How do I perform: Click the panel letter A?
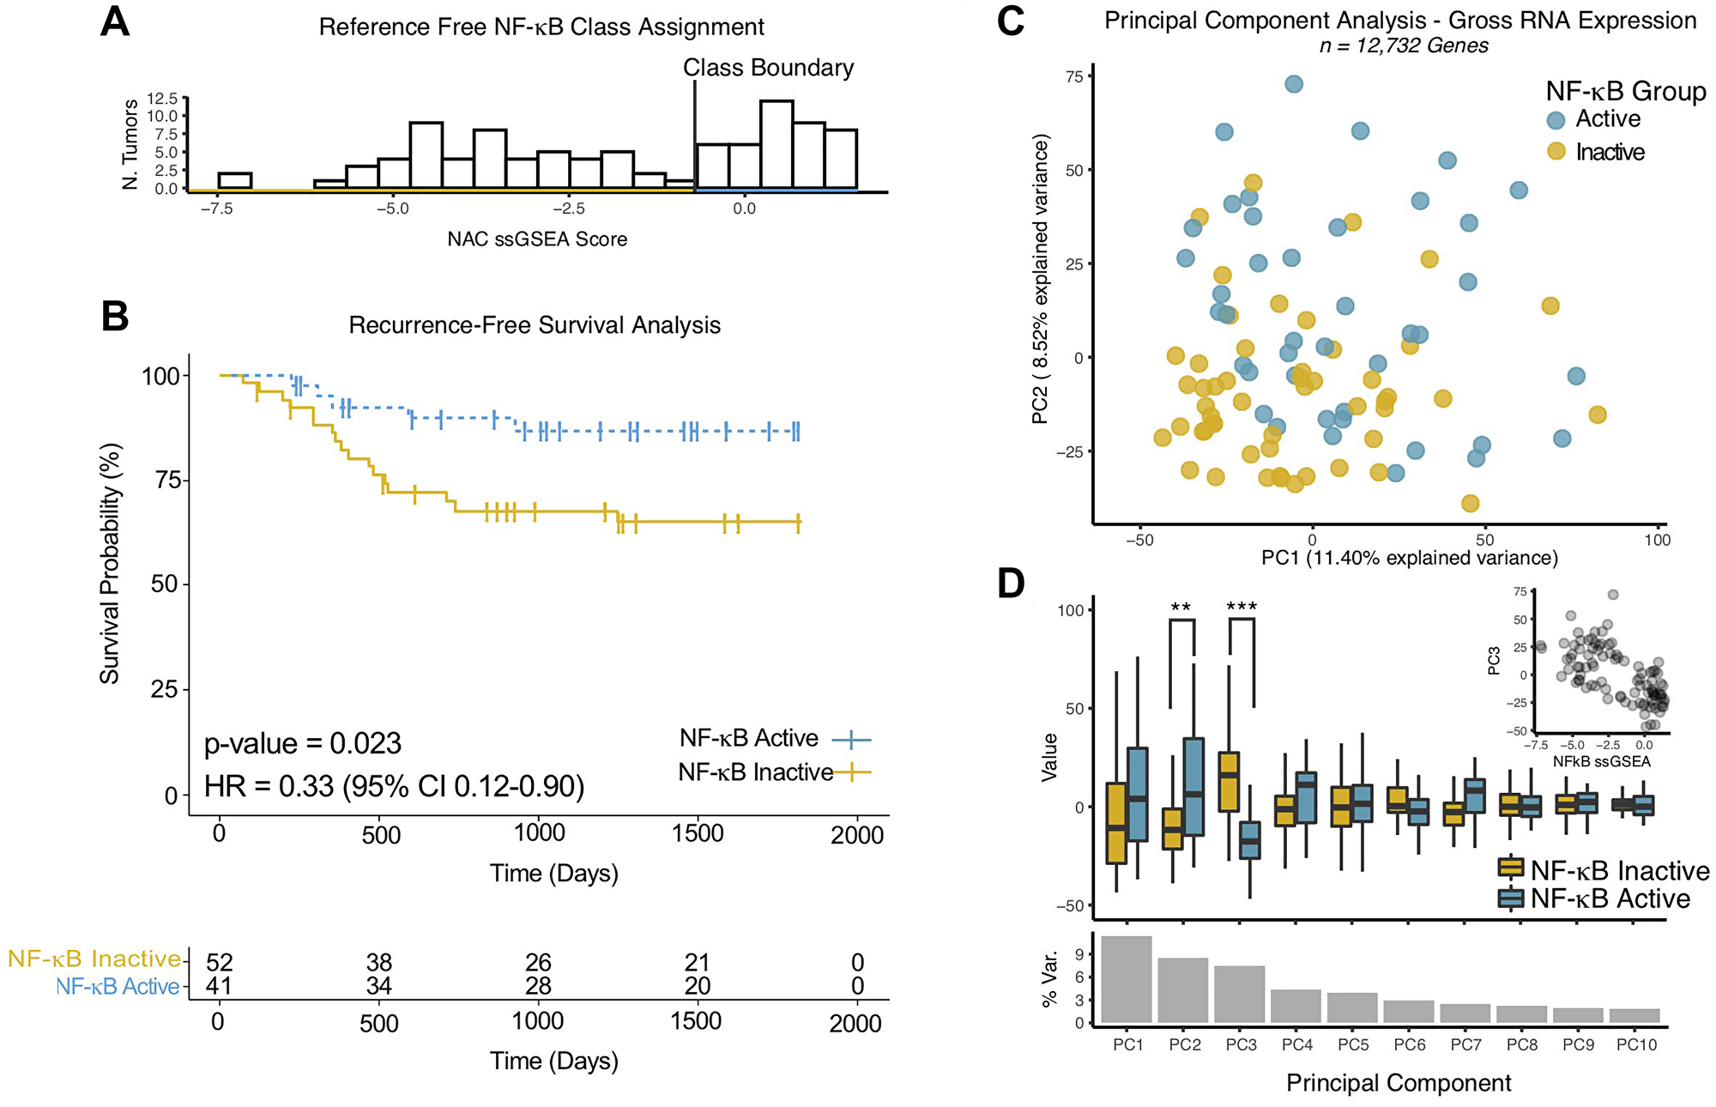coord(114,21)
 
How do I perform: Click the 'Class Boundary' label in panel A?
coord(768,68)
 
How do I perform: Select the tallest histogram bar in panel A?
coord(776,144)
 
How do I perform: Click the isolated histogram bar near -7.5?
coord(234,181)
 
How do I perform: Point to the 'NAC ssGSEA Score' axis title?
coord(537,239)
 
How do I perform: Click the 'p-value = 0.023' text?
coord(302,743)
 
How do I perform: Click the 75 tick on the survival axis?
coord(167,481)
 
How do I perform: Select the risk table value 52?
coord(220,962)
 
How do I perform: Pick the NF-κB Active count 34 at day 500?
coord(378,986)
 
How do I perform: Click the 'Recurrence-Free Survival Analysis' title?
coord(534,325)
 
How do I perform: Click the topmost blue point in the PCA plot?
coord(1294,84)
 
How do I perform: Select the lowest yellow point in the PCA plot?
coord(1470,503)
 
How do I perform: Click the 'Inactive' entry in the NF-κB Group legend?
coord(1610,152)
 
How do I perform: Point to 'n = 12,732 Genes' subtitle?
coord(1404,45)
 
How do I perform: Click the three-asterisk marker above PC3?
coord(1242,607)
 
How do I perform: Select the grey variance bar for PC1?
coord(1127,979)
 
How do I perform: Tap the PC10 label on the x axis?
coord(1636,1044)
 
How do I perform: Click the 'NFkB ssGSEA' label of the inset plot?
coord(1601,761)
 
